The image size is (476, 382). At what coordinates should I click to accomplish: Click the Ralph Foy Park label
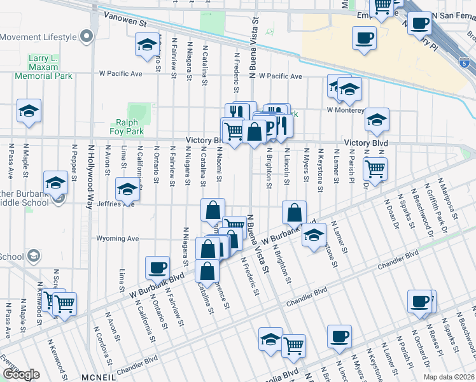(x=130, y=127)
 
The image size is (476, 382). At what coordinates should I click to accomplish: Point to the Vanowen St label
(x=125, y=21)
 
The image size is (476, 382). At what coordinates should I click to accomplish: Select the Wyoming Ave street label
(x=117, y=239)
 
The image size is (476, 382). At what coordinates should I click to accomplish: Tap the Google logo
(x=21, y=374)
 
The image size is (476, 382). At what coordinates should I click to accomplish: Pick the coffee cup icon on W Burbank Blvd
(x=157, y=268)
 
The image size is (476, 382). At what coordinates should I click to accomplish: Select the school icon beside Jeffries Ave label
(x=127, y=189)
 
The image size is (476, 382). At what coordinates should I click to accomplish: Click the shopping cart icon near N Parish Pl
(x=375, y=169)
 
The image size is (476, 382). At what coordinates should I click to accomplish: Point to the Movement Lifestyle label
(x=38, y=37)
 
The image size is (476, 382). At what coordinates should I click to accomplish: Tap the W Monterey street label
(x=346, y=110)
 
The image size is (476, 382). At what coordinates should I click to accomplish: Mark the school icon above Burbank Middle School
(x=56, y=183)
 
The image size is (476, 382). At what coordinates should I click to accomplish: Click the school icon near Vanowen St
(x=147, y=45)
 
